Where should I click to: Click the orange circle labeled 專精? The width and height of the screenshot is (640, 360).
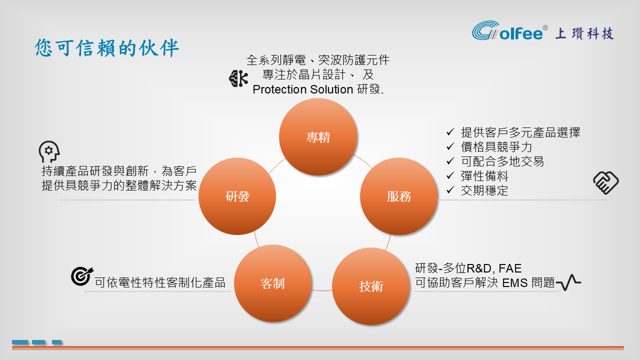pyautogui.click(x=318, y=137)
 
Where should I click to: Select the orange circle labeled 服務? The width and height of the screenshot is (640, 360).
pyautogui.click(x=399, y=196)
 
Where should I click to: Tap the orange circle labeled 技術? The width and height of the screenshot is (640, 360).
pyautogui.click(x=371, y=286)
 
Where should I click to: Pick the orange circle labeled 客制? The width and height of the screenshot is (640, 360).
pyautogui.click(x=273, y=283)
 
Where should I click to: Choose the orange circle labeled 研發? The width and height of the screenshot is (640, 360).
pyautogui.click(x=237, y=196)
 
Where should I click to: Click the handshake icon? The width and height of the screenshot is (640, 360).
pyautogui.click(x=605, y=182)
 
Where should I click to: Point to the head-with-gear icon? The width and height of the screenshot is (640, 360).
pyautogui.click(x=49, y=151)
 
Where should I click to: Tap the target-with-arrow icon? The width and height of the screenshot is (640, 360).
pyautogui.click(x=82, y=276)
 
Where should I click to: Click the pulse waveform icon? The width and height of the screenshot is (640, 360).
pyautogui.click(x=568, y=282)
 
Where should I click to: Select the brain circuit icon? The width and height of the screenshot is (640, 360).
pyautogui.click(x=238, y=78)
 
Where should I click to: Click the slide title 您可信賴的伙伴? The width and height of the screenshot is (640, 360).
pyautogui.click(x=107, y=47)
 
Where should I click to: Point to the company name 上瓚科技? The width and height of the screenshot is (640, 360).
pyautogui.click(x=584, y=33)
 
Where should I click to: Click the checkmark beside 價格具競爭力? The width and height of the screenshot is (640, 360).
pyautogui.click(x=450, y=146)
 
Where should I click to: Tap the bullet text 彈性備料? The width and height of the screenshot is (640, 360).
pyautogui.click(x=484, y=176)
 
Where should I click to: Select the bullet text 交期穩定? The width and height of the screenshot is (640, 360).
pyautogui.click(x=484, y=190)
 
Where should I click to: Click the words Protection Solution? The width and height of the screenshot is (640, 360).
pyautogui.click(x=303, y=89)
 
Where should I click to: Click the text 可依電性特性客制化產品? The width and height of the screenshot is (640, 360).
pyautogui.click(x=160, y=282)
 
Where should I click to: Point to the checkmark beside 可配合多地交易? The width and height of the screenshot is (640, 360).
pyautogui.click(x=450, y=161)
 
